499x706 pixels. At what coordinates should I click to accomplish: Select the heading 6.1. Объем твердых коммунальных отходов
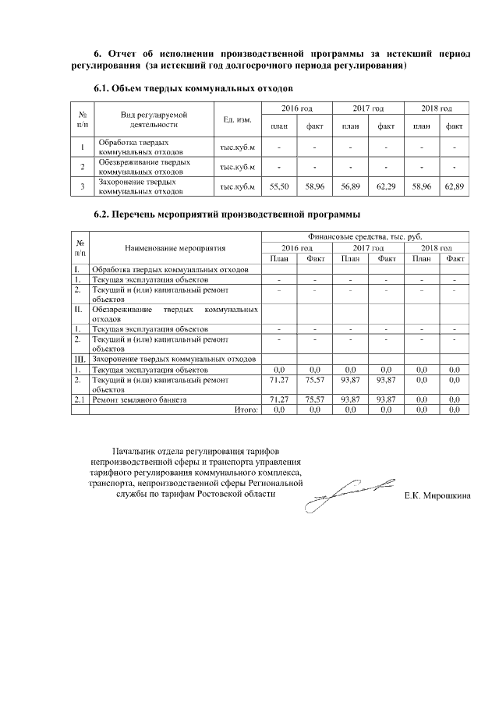[x=193, y=89]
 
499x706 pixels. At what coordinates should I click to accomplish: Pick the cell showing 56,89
[x=351, y=186]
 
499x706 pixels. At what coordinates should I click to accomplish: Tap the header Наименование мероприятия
[x=175, y=248]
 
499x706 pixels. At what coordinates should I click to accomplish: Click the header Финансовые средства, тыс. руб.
[x=364, y=236]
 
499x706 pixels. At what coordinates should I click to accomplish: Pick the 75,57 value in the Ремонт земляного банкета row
[x=315, y=399]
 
